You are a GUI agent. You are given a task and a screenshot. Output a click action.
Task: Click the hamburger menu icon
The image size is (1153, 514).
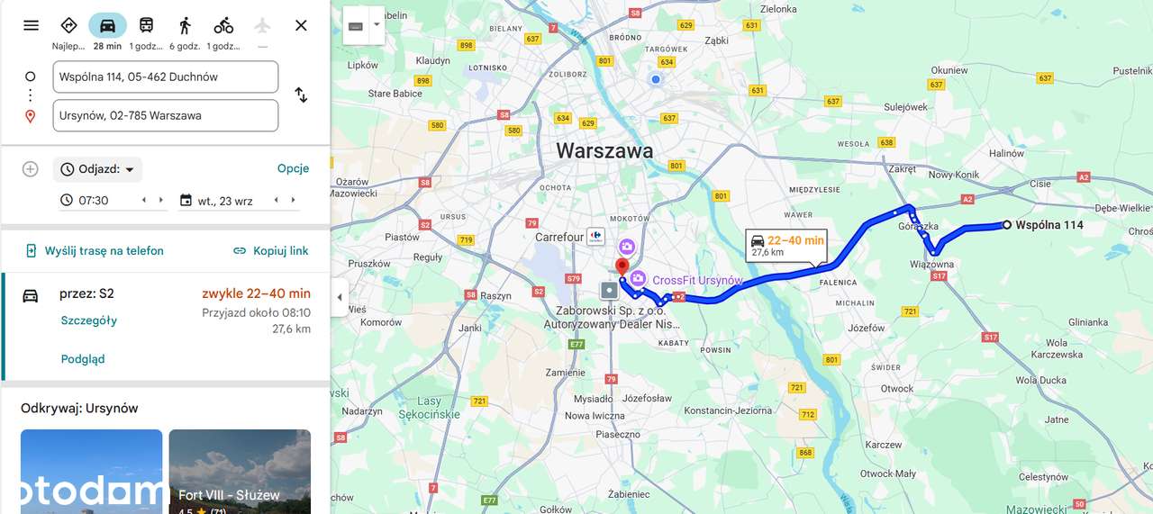point(32,25)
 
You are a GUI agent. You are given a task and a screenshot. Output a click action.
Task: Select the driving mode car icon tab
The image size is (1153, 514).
point(107,25)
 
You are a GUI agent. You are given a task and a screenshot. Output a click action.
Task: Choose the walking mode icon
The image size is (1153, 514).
point(185,25)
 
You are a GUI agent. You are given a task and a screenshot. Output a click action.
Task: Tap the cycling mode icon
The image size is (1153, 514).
point(223,25)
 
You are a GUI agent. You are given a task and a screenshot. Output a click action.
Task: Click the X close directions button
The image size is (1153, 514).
point(301,25)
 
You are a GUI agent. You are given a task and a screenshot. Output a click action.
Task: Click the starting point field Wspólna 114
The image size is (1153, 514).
point(165,77)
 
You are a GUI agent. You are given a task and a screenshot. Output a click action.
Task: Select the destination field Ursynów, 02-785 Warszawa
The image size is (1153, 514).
point(165,115)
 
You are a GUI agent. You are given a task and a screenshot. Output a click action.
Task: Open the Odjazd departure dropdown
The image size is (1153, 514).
point(98,169)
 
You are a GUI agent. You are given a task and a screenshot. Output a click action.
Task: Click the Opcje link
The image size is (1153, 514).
point(293,168)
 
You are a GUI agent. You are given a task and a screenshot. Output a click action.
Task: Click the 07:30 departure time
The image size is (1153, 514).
point(94,201)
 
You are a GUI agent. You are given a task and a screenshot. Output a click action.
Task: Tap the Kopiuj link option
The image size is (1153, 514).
point(270,251)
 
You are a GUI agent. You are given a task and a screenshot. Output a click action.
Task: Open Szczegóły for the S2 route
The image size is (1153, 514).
point(89,320)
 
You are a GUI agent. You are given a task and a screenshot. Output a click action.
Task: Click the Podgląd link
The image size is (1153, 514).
point(83,359)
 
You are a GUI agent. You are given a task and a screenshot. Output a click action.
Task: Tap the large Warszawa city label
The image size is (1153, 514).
point(604,150)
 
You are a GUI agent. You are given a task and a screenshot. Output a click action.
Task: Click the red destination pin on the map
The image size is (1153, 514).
point(621,267)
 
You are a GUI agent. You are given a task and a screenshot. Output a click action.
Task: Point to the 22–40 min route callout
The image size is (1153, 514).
point(786,245)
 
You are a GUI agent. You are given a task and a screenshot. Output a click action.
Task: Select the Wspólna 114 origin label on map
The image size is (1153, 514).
point(1049,225)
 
